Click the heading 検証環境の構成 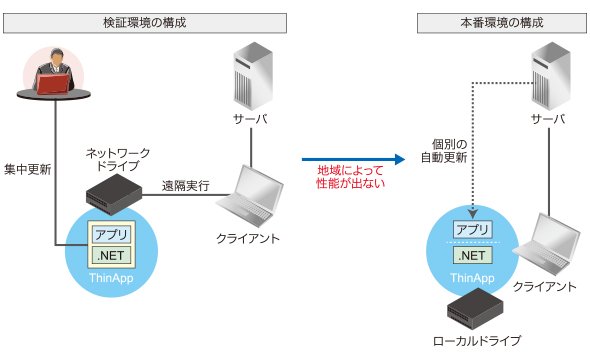(x=145, y=23)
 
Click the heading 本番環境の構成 (x=502, y=23)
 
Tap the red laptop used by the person (x=53, y=84)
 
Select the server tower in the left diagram (x=253, y=76)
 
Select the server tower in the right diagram (x=551, y=76)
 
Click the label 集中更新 (x=27, y=169)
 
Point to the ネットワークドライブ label (x=118, y=159)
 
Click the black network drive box (x=114, y=194)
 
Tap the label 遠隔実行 (x=186, y=185)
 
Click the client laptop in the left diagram (x=250, y=196)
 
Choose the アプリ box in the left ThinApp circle (x=111, y=234)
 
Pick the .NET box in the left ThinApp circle (x=111, y=256)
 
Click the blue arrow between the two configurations (x=353, y=159)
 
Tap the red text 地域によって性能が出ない (x=350, y=177)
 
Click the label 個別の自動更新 (x=444, y=151)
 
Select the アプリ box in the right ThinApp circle (x=473, y=229)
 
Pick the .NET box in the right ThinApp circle (x=473, y=255)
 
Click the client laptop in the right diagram (x=547, y=244)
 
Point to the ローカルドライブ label (x=477, y=341)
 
